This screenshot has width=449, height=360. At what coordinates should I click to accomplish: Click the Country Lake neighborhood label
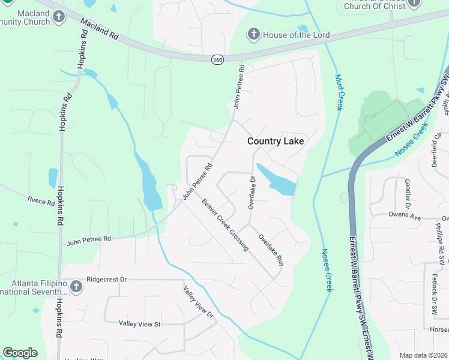276,141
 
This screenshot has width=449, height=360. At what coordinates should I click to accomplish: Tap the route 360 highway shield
217,59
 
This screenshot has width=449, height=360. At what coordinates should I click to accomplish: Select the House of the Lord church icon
254,35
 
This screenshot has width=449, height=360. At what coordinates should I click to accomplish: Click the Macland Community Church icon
59,17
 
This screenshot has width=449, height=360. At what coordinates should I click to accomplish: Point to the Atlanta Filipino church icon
76,287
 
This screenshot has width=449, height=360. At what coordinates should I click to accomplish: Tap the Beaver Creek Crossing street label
224,224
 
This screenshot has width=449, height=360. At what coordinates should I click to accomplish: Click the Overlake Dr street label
252,192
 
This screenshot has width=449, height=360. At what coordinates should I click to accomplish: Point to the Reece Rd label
41,200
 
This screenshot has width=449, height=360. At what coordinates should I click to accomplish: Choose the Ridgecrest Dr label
107,279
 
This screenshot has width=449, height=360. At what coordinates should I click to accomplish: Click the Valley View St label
140,324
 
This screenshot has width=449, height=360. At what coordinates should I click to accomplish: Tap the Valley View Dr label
198,301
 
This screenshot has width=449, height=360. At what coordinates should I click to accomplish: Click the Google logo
20,353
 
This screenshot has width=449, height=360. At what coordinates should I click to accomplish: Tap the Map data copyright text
423,355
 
